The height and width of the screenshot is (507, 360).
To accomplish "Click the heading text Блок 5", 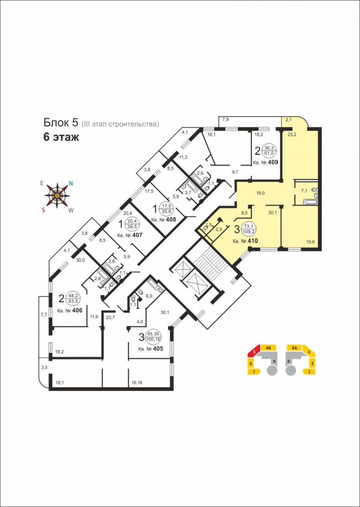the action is point(61,123).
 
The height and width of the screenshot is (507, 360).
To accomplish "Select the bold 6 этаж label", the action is point(61,137).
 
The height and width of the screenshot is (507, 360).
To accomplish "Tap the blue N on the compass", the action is point(71,183).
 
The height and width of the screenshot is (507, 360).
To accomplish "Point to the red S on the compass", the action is point(43,210).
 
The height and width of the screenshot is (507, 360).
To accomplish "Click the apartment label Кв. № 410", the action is point(245,241).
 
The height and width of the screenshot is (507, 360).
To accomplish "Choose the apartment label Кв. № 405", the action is point(151,349).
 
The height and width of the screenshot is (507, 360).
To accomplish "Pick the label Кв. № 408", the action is point(163,220).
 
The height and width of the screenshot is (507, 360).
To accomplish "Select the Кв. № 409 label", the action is point(265,162).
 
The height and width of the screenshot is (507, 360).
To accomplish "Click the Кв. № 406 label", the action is point(70,310).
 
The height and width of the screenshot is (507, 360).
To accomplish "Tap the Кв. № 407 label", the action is point(130,235).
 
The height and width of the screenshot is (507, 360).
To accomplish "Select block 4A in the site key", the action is point(294,348).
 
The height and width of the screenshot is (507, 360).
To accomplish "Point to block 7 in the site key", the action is point(254,372).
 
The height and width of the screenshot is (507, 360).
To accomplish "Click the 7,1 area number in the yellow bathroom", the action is point(304,191).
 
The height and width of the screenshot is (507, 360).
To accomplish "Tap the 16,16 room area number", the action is point(137,383).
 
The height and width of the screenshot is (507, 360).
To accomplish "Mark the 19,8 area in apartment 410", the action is point(310,241).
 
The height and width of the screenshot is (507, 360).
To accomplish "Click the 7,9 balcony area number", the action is point(225,120).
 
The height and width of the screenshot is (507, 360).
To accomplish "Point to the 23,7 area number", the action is point(110,317).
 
